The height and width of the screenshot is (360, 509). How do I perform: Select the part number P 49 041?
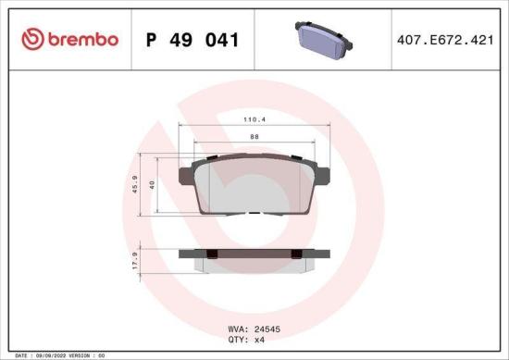click(x=192, y=40)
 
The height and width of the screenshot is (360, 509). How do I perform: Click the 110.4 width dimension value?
click(x=254, y=120)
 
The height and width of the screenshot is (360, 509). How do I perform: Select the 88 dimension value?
click(x=254, y=136)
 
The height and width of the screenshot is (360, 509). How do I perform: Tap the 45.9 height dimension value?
click(x=136, y=185)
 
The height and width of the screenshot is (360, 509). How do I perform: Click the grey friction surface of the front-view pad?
click(x=254, y=185)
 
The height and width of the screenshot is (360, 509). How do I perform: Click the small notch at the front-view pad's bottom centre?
click(x=254, y=214)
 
